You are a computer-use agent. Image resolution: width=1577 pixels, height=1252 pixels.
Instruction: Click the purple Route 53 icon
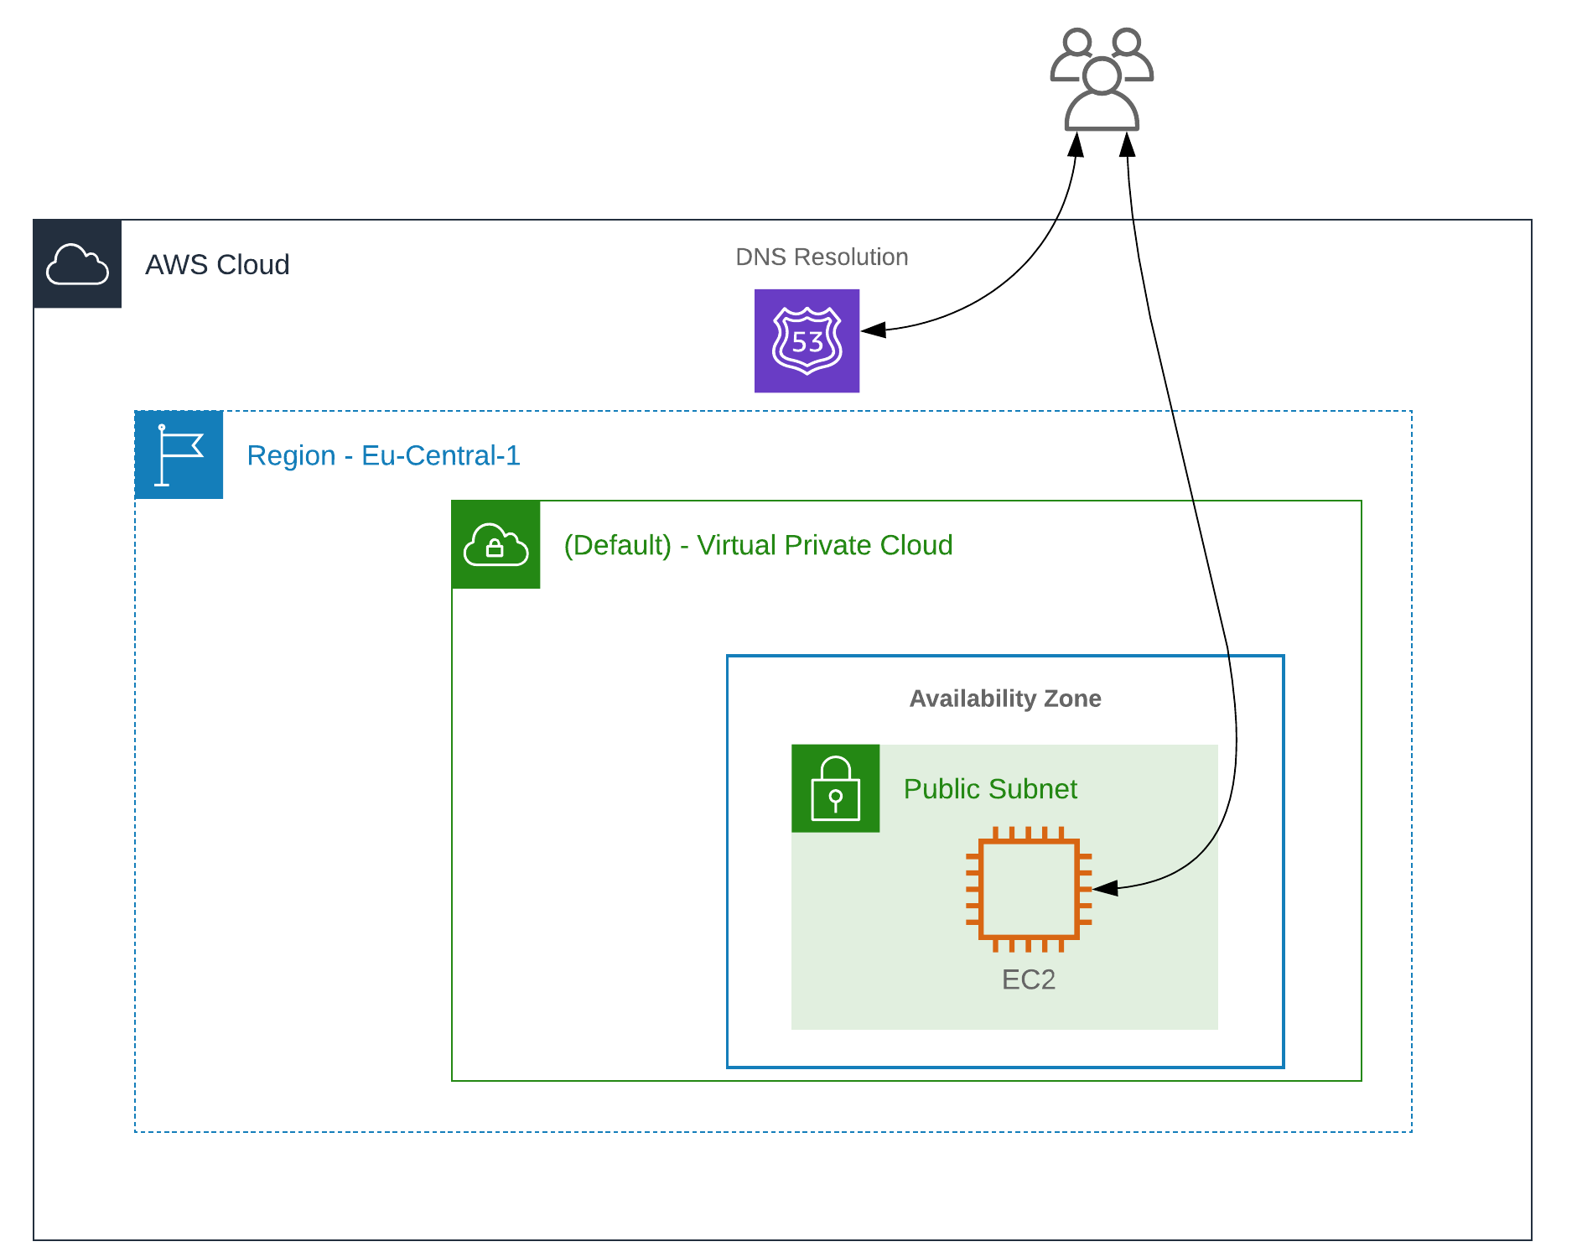click(807, 340)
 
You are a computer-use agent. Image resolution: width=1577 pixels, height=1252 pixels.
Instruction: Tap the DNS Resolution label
click(821, 257)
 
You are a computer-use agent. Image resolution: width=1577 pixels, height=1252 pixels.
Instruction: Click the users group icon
click(1102, 81)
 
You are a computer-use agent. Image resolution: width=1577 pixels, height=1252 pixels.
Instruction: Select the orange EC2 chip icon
click(1029, 889)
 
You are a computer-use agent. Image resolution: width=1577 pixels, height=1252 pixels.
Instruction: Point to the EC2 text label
click(1028, 979)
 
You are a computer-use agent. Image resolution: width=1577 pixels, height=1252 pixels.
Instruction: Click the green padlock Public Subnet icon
click(835, 788)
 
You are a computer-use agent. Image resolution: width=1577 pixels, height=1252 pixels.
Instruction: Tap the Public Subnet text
click(989, 789)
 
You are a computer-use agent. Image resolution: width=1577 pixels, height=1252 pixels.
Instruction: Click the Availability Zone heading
click(1004, 699)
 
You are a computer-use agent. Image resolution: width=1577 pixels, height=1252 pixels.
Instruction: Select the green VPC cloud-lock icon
click(495, 545)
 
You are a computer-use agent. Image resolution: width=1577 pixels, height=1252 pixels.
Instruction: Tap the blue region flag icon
click(179, 455)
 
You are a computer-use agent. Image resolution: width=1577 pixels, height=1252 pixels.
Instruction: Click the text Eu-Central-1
click(440, 455)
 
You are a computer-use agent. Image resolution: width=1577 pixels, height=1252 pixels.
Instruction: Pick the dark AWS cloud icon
click(77, 264)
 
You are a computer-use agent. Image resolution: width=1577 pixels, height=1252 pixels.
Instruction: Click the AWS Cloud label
click(217, 265)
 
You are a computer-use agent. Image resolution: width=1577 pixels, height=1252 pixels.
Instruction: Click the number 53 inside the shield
click(807, 342)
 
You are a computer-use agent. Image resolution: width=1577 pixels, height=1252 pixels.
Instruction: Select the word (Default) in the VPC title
click(617, 545)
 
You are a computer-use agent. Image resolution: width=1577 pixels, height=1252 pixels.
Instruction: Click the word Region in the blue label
click(291, 455)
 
